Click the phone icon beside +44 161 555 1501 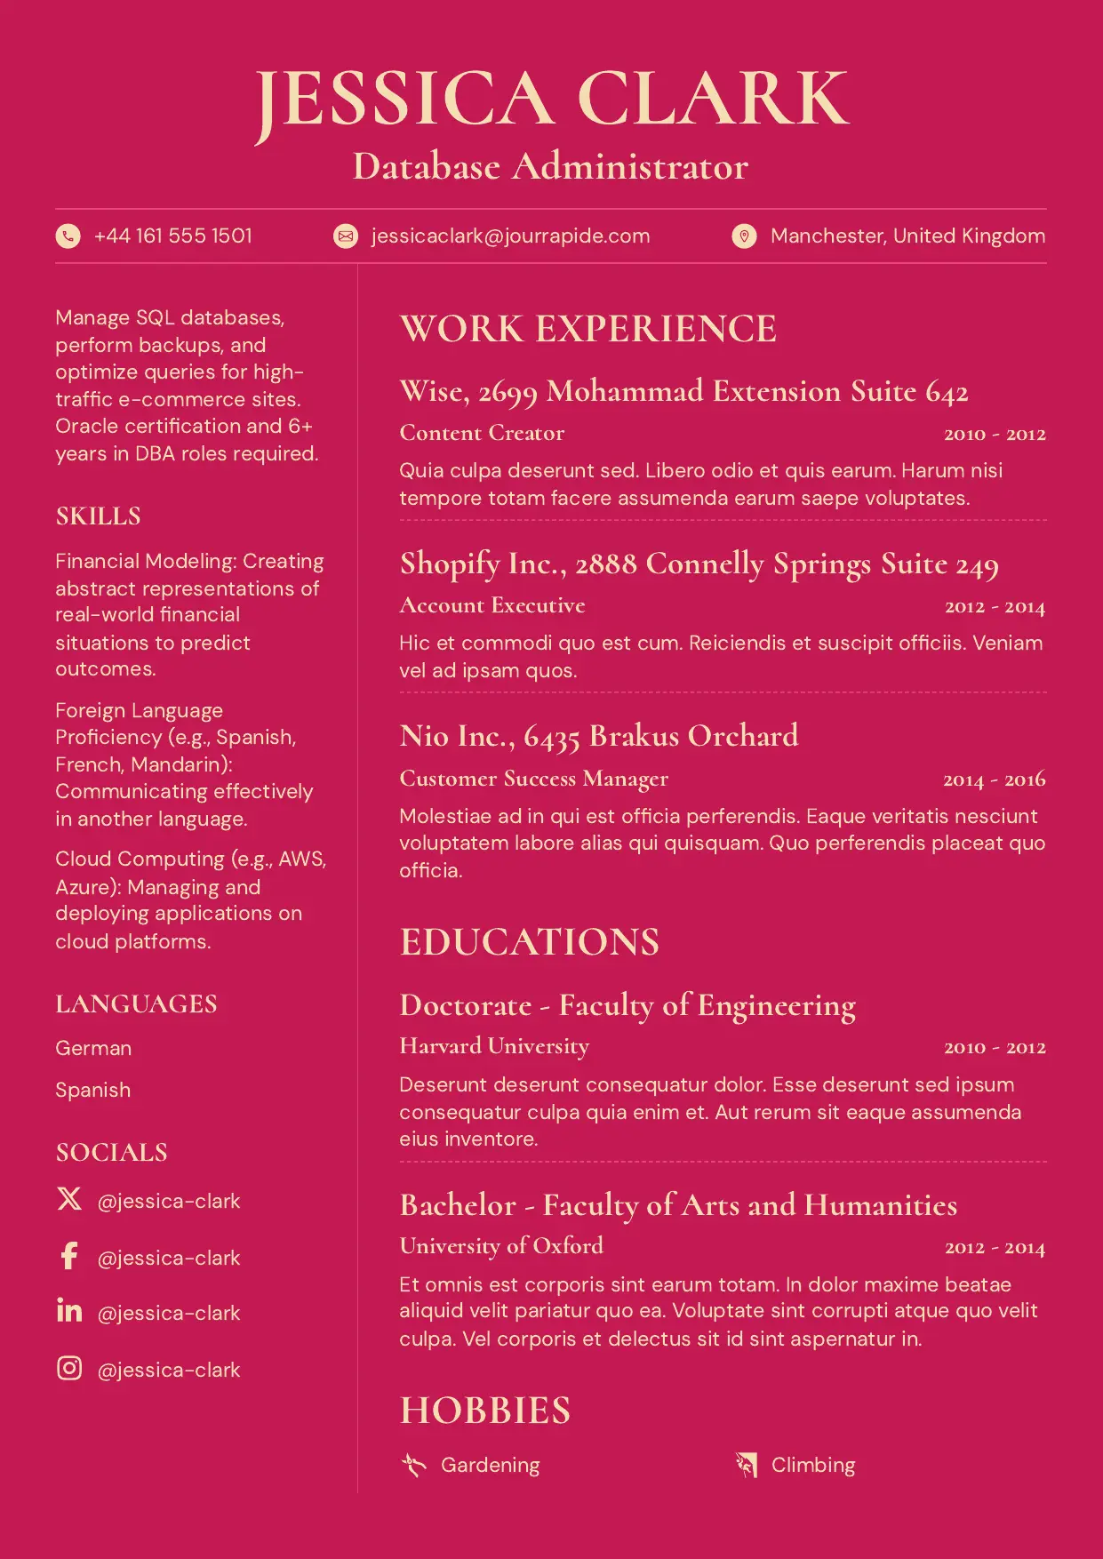pyautogui.click(x=68, y=236)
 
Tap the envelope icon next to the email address pyautogui.click(x=345, y=236)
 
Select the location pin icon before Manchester pyautogui.click(x=744, y=236)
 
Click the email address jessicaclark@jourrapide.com pyautogui.click(x=510, y=236)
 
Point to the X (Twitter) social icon pyautogui.click(x=69, y=1199)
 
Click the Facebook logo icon pyautogui.click(x=69, y=1256)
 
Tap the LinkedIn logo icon pyautogui.click(x=69, y=1310)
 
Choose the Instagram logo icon pyautogui.click(x=69, y=1368)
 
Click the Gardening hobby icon pyautogui.click(x=413, y=1464)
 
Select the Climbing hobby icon pyautogui.click(x=746, y=1464)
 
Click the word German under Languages pyautogui.click(x=93, y=1048)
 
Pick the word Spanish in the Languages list pyautogui.click(x=93, y=1090)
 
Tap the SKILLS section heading pyautogui.click(x=99, y=516)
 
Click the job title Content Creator pyautogui.click(x=482, y=433)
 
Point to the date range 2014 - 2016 pyautogui.click(x=994, y=779)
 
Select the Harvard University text pyautogui.click(x=494, y=1046)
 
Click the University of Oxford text pyautogui.click(x=501, y=1246)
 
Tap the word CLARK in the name pyautogui.click(x=713, y=100)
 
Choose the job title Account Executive pyautogui.click(x=492, y=605)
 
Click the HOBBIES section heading pyautogui.click(x=485, y=1411)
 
